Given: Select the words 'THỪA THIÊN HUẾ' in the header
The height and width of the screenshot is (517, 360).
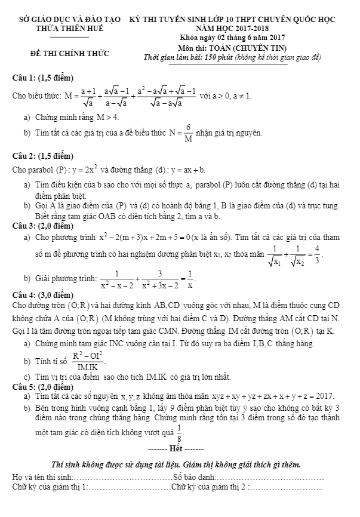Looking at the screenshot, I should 70,28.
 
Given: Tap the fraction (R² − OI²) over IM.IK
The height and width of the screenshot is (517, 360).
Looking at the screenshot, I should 88,361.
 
